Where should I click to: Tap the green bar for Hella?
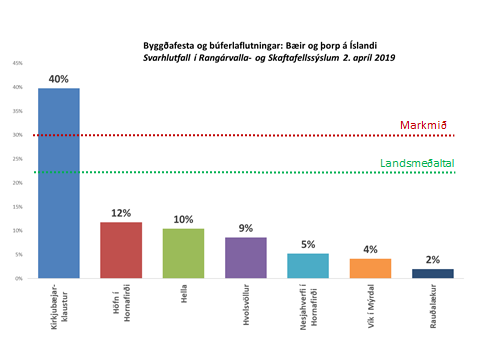pyautogui.click(x=183, y=253)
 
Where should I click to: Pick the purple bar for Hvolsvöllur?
pyautogui.click(x=245, y=257)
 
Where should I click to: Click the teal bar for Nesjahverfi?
pyautogui.click(x=308, y=265)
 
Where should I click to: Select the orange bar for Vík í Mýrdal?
pyautogui.click(x=369, y=268)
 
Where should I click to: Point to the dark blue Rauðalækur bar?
pyautogui.click(x=431, y=273)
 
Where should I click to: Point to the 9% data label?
pyautogui.click(x=245, y=228)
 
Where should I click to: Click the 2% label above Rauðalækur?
pyautogui.click(x=431, y=260)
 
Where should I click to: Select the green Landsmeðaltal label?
pyautogui.click(x=411, y=164)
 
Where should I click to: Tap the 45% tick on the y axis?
pyautogui.click(x=17, y=63)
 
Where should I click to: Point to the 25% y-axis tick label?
pyautogui.click(x=17, y=159)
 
